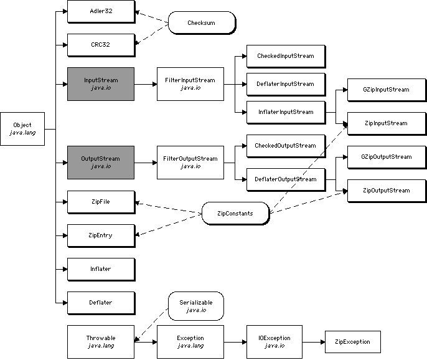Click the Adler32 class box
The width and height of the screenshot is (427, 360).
100,11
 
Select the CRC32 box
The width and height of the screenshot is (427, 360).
100,45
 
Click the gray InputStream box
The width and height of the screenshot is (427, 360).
100,83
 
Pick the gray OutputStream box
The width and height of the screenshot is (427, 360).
100,162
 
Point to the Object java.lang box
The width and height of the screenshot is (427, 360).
22,128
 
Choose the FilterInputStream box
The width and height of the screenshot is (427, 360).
189,83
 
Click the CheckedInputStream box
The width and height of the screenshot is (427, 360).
285,56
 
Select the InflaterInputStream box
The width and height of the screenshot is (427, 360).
285,112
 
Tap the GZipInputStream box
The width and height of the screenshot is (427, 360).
386,90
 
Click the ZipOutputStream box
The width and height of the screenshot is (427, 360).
386,191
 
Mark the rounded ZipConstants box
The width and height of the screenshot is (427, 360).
235,214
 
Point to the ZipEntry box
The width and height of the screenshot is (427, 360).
100,235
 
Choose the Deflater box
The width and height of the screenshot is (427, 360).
100,303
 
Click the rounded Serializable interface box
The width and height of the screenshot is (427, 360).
195,306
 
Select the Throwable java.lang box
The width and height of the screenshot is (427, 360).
100,341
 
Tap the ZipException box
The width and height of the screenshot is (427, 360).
352,342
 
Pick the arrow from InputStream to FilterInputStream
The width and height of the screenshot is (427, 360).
146,84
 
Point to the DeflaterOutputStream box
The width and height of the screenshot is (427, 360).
285,179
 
